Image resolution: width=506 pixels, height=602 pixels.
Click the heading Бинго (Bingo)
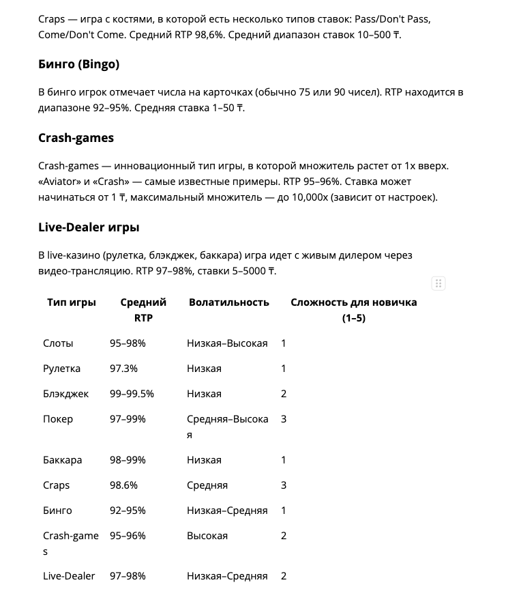(x=78, y=64)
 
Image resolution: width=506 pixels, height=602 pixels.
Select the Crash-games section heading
(x=76, y=138)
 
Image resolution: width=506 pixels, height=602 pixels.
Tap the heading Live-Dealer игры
(x=89, y=227)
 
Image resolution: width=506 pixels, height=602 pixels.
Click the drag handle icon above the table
(x=438, y=283)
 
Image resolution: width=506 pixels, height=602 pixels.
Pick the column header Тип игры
(x=72, y=302)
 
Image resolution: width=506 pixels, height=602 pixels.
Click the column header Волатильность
(x=229, y=302)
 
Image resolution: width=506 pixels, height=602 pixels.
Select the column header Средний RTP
(x=143, y=310)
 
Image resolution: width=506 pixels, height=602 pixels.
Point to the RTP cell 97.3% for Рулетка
(x=123, y=369)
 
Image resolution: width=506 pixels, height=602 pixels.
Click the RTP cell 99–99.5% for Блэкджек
(x=132, y=394)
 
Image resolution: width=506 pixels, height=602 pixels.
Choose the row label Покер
(x=58, y=419)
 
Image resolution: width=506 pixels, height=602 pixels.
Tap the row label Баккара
(x=62, y=460)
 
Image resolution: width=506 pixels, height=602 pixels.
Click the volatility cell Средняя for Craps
(x=207, y=485)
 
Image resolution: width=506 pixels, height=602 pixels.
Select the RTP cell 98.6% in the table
(x=123, y=485)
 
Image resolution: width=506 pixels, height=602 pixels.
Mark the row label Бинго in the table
(x=57, y=511)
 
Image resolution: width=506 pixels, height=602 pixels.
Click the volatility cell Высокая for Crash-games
(x=207, y=536)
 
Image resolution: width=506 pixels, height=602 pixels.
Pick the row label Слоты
(x=58, y=343)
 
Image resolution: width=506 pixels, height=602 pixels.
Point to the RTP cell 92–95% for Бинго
(x=128, y=511)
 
